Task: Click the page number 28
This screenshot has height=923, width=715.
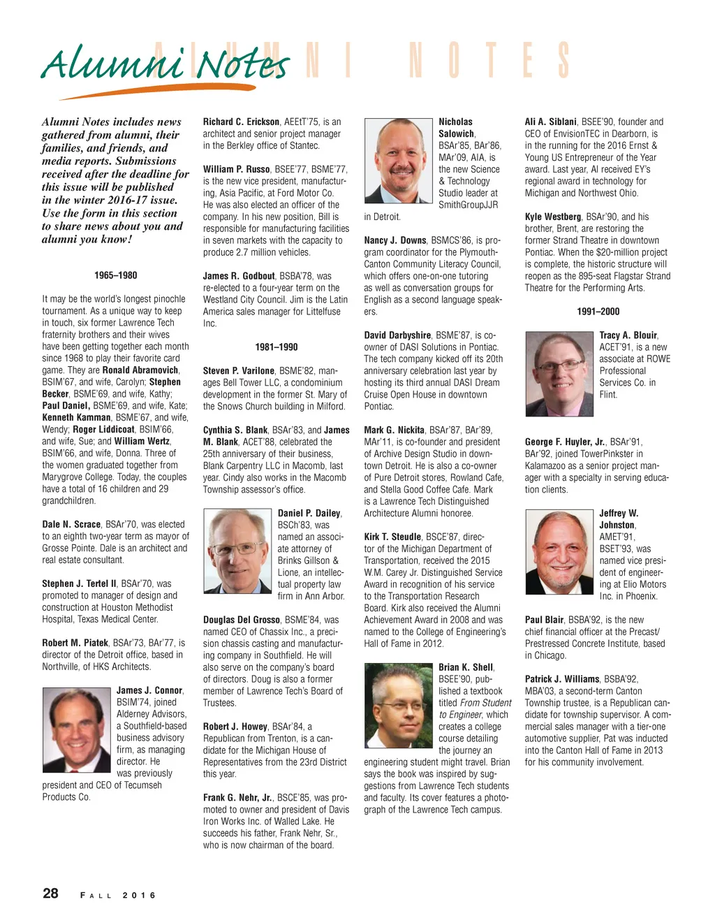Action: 51,893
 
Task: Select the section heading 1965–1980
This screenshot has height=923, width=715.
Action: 116,275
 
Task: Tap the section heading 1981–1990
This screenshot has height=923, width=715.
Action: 277,347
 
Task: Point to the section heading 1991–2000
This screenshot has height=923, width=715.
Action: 598,312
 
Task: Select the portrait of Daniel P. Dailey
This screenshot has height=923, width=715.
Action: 237,551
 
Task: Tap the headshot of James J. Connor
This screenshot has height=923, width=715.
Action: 76,727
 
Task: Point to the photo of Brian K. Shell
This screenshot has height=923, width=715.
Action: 398,706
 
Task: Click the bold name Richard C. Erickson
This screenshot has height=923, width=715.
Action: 242,122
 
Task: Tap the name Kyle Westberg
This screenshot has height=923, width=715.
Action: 553,217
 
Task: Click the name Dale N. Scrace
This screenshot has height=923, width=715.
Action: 71,524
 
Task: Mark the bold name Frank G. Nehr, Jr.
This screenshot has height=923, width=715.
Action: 237,797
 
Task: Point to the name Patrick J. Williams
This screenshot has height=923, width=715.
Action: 562,679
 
